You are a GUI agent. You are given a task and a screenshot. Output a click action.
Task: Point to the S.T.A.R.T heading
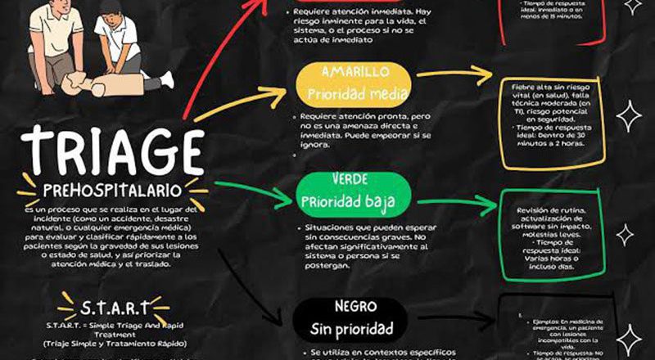tap(115, 308)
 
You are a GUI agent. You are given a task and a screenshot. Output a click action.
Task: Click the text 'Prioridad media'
tap(356, 93)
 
